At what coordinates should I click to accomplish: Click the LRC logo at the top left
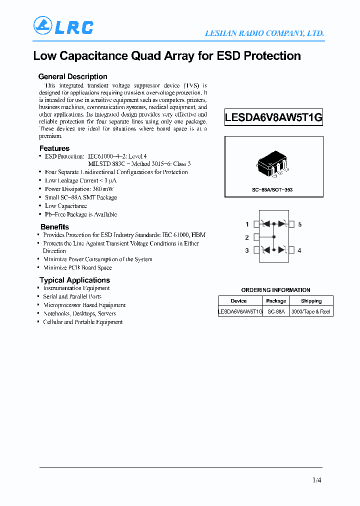(x=63, y=26)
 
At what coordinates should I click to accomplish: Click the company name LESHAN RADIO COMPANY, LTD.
(x=264, y=33)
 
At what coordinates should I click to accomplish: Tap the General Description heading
(x=73, y=76)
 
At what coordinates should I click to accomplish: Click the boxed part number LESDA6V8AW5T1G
(x=273, y=118)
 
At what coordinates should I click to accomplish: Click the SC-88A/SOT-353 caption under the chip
(x=272, y=190)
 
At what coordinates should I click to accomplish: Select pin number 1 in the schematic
(x=247, y=224)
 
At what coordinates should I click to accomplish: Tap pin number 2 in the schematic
(x=247, y=237)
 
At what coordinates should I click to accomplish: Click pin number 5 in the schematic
(x=300, y=224)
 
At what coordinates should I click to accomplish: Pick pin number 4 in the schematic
(x=299, y=250)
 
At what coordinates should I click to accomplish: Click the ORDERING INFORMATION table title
(x=275, y=290)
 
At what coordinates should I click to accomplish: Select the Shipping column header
(x=311, y=301)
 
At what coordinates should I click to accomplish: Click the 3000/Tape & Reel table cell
(x=311, y=311)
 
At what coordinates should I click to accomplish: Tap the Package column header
(x=276, y=301)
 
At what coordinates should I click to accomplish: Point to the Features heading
(x=54, y=148)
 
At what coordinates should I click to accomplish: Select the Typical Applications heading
(x=74, y=280)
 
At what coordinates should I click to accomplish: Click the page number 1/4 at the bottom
(x=316, y=480)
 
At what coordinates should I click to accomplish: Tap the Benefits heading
(x=54, y=227)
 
